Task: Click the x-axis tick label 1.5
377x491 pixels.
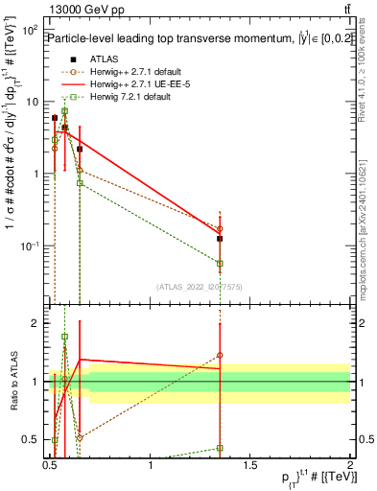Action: coord(250,468)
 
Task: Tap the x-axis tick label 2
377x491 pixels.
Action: coord(350,468)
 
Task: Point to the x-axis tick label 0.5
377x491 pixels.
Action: coord(50,468)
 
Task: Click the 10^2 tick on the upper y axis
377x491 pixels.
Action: coord(29,32)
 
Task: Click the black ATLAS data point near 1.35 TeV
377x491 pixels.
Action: coord(221,238)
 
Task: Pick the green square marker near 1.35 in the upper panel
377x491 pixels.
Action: coord(221,263)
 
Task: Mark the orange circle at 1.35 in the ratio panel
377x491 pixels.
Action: coord(221,355)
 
